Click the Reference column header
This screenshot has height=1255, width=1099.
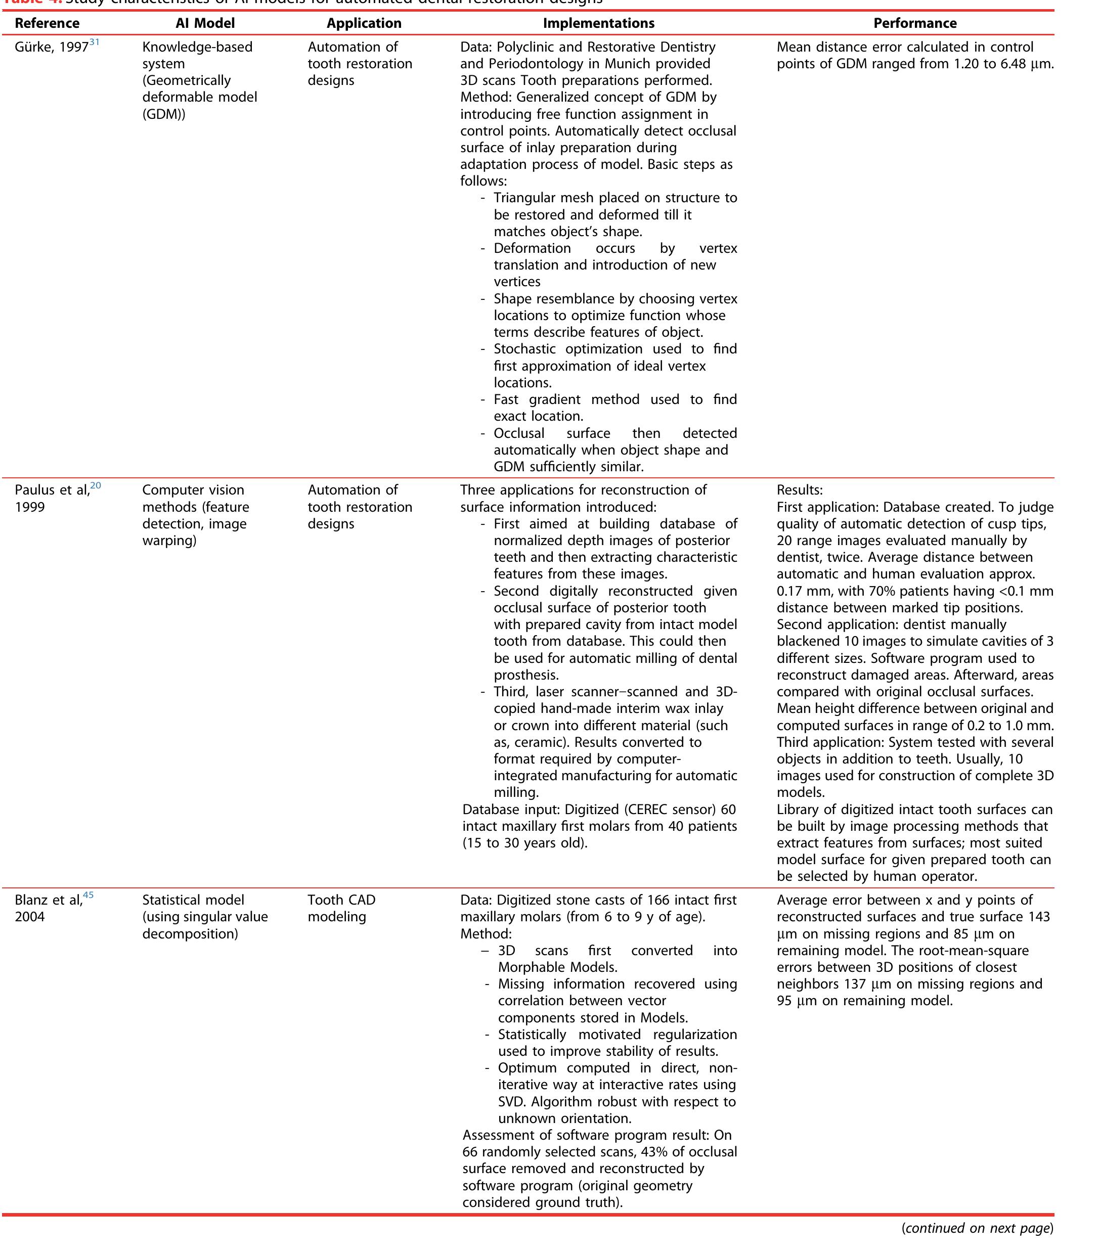pos(47,23)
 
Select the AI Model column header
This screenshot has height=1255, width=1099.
pos(205,23)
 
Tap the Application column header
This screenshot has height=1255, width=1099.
pos(364,23)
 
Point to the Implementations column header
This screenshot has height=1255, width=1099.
pos(599,23)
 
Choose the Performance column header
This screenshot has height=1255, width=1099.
pos(915,23)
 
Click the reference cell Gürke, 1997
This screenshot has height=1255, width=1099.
pos(52,47)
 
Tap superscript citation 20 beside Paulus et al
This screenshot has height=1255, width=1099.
pos(96,485)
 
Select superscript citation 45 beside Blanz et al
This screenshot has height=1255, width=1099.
pos(89,895)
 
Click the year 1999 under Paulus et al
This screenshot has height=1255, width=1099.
pos(30,507)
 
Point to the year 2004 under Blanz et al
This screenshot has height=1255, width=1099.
pos(30,917)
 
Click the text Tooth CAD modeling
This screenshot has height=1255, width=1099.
pos(341,908)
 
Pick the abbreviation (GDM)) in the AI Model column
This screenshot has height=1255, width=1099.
pos(163,114)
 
